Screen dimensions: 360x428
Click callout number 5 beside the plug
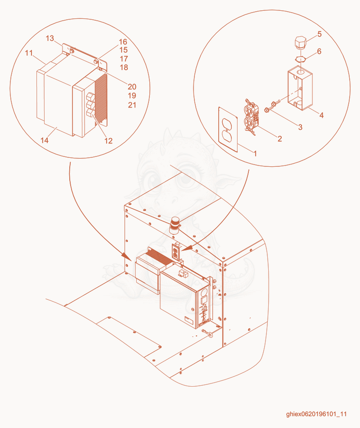319,34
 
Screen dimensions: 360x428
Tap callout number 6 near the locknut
319,51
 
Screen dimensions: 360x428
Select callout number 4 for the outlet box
321,115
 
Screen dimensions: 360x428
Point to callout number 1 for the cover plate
256,153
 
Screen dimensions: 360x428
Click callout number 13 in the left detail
50,38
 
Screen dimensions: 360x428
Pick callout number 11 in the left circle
29,53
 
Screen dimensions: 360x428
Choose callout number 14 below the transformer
45,140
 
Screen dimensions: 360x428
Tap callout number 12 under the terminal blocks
108,141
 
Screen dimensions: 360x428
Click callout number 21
132,105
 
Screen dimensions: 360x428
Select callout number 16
123,42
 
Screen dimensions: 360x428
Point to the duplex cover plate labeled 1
228,129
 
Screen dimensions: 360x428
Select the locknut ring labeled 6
301,59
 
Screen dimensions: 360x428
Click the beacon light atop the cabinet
175,226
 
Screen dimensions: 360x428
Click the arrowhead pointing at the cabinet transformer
126,256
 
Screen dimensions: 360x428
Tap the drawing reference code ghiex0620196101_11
316,414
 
